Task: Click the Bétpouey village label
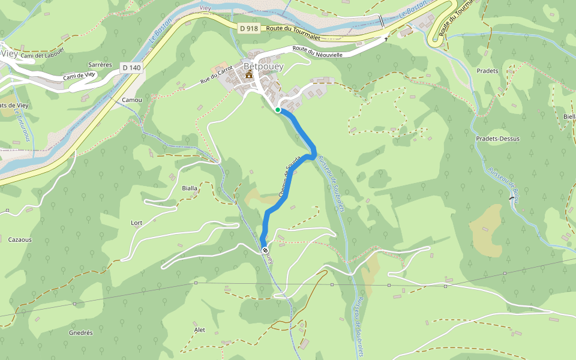click(259, 65)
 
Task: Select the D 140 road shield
click(131, 68)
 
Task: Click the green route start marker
click(278, 110)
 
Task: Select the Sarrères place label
click(100, 64)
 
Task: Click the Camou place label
click(131, 100)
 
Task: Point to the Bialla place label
click(190, 188)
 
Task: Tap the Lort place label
click(137, 223)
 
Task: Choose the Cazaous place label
click(20, 239)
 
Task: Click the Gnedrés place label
click(80, 332)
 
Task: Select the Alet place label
click(200, 330)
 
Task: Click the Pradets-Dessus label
click(497, 138)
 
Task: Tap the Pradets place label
click(487, 71)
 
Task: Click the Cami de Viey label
click(80, 76)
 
